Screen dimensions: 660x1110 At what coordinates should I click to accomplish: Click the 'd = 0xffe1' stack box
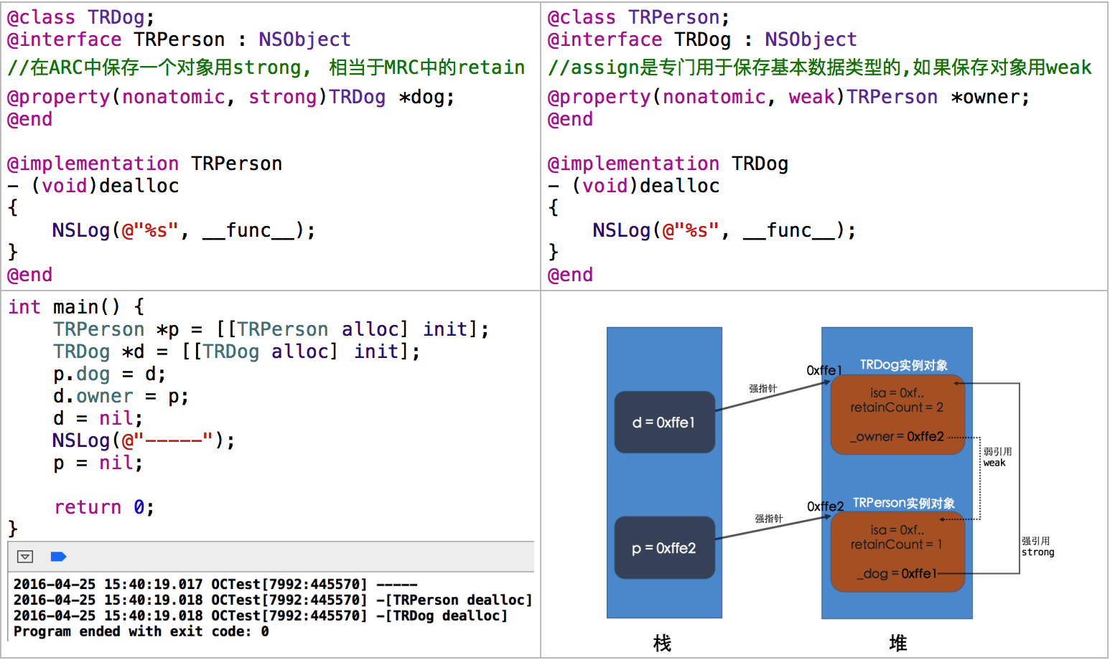click(664, 423)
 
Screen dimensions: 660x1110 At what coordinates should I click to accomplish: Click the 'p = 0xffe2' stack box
click(664, 548)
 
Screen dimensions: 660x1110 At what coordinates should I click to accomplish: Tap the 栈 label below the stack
click(662, 643)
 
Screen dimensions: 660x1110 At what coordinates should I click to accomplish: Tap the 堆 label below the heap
click(897, 643)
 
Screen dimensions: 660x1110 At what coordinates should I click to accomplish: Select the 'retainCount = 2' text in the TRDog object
click(897, 407)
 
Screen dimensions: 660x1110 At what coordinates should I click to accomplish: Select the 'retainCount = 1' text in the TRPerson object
click(896, 544)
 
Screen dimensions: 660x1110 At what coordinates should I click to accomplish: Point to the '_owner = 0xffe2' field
click(897, 436)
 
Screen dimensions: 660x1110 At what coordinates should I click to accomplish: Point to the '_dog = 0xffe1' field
click(897, 573)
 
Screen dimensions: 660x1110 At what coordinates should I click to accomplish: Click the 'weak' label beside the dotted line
click(994, 463)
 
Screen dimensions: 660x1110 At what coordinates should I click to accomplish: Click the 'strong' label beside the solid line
click(1038, 552)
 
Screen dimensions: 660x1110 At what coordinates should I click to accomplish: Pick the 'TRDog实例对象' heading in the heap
click(904, 365)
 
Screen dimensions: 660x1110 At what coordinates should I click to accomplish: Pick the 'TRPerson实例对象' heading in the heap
click(904, 503)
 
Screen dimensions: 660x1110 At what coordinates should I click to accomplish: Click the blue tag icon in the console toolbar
click(58, 557)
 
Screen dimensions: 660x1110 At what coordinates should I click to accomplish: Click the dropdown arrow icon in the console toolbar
click(25, 557)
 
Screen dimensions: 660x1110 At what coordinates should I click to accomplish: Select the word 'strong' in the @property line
click(283, 97)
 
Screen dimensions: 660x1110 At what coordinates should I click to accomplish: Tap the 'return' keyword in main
click(88, 507)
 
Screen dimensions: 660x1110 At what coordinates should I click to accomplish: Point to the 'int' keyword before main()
click(24, 307)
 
